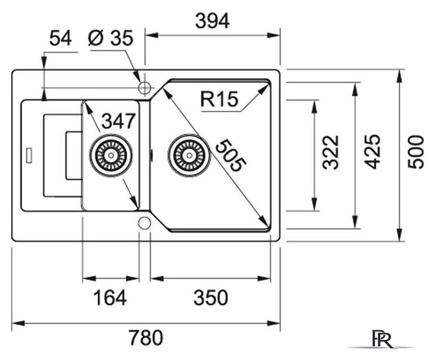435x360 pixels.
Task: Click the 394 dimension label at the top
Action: coord(213,21)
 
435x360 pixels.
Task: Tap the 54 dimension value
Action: coord(60,38)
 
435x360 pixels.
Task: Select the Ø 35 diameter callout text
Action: coord(111,38)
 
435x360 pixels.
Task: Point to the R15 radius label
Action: coord(219,99)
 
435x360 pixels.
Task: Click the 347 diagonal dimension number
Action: coord(119,121)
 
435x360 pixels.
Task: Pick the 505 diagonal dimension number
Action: coord(231,156)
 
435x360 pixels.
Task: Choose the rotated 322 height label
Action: coord(331,152)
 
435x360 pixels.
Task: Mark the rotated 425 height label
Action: coord(373,152)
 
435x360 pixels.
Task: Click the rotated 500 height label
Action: coord(416,152)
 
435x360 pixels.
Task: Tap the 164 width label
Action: coord(110,298)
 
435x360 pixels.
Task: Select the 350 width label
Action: coord(211,298)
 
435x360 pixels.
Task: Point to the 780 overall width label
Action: coord(146,337)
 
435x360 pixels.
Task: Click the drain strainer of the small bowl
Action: coord(111,155)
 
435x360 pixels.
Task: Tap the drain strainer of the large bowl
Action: coord(190,155)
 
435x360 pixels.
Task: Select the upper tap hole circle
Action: coord(145,88)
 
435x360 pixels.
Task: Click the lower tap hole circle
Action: coord(145,223)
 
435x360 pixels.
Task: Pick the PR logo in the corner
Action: coord(382,339)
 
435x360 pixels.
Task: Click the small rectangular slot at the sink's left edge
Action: coord(29,155)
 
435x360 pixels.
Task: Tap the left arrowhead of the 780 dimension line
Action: coord(19,323)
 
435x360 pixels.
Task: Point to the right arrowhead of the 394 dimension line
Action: coord(273,35)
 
